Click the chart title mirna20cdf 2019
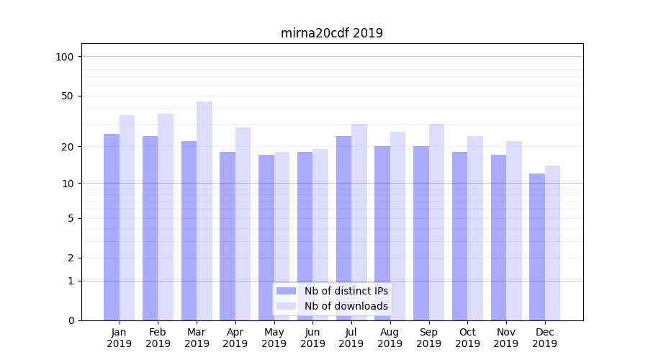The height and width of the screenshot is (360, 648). click(x=332, y=33)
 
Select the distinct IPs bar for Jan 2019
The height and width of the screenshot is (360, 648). click(x=112, y=227)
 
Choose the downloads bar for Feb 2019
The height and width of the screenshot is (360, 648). click(x=166, y=217)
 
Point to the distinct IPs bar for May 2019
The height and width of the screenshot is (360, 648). click(x=266, y=238)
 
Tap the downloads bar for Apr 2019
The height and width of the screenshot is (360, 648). click(x=243, y=224)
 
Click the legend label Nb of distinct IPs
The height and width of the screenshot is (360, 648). click(x=346, y=291)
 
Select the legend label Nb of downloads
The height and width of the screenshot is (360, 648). click(x=346, y=306)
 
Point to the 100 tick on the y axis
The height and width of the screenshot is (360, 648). click(x=65, y=57)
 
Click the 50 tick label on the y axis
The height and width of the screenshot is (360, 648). click(x=68, y=96)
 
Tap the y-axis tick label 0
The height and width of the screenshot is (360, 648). click(x=71, y=320)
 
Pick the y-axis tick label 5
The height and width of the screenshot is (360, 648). click(x=71, y=218)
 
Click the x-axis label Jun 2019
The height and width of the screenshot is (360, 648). click(x=312, y=338)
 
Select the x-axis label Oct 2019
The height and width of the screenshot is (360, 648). click(x=467, y=338)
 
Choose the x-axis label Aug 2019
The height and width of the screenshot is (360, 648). click(x=390, y=338)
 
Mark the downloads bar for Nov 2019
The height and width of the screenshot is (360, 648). click(x=514, y=230)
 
